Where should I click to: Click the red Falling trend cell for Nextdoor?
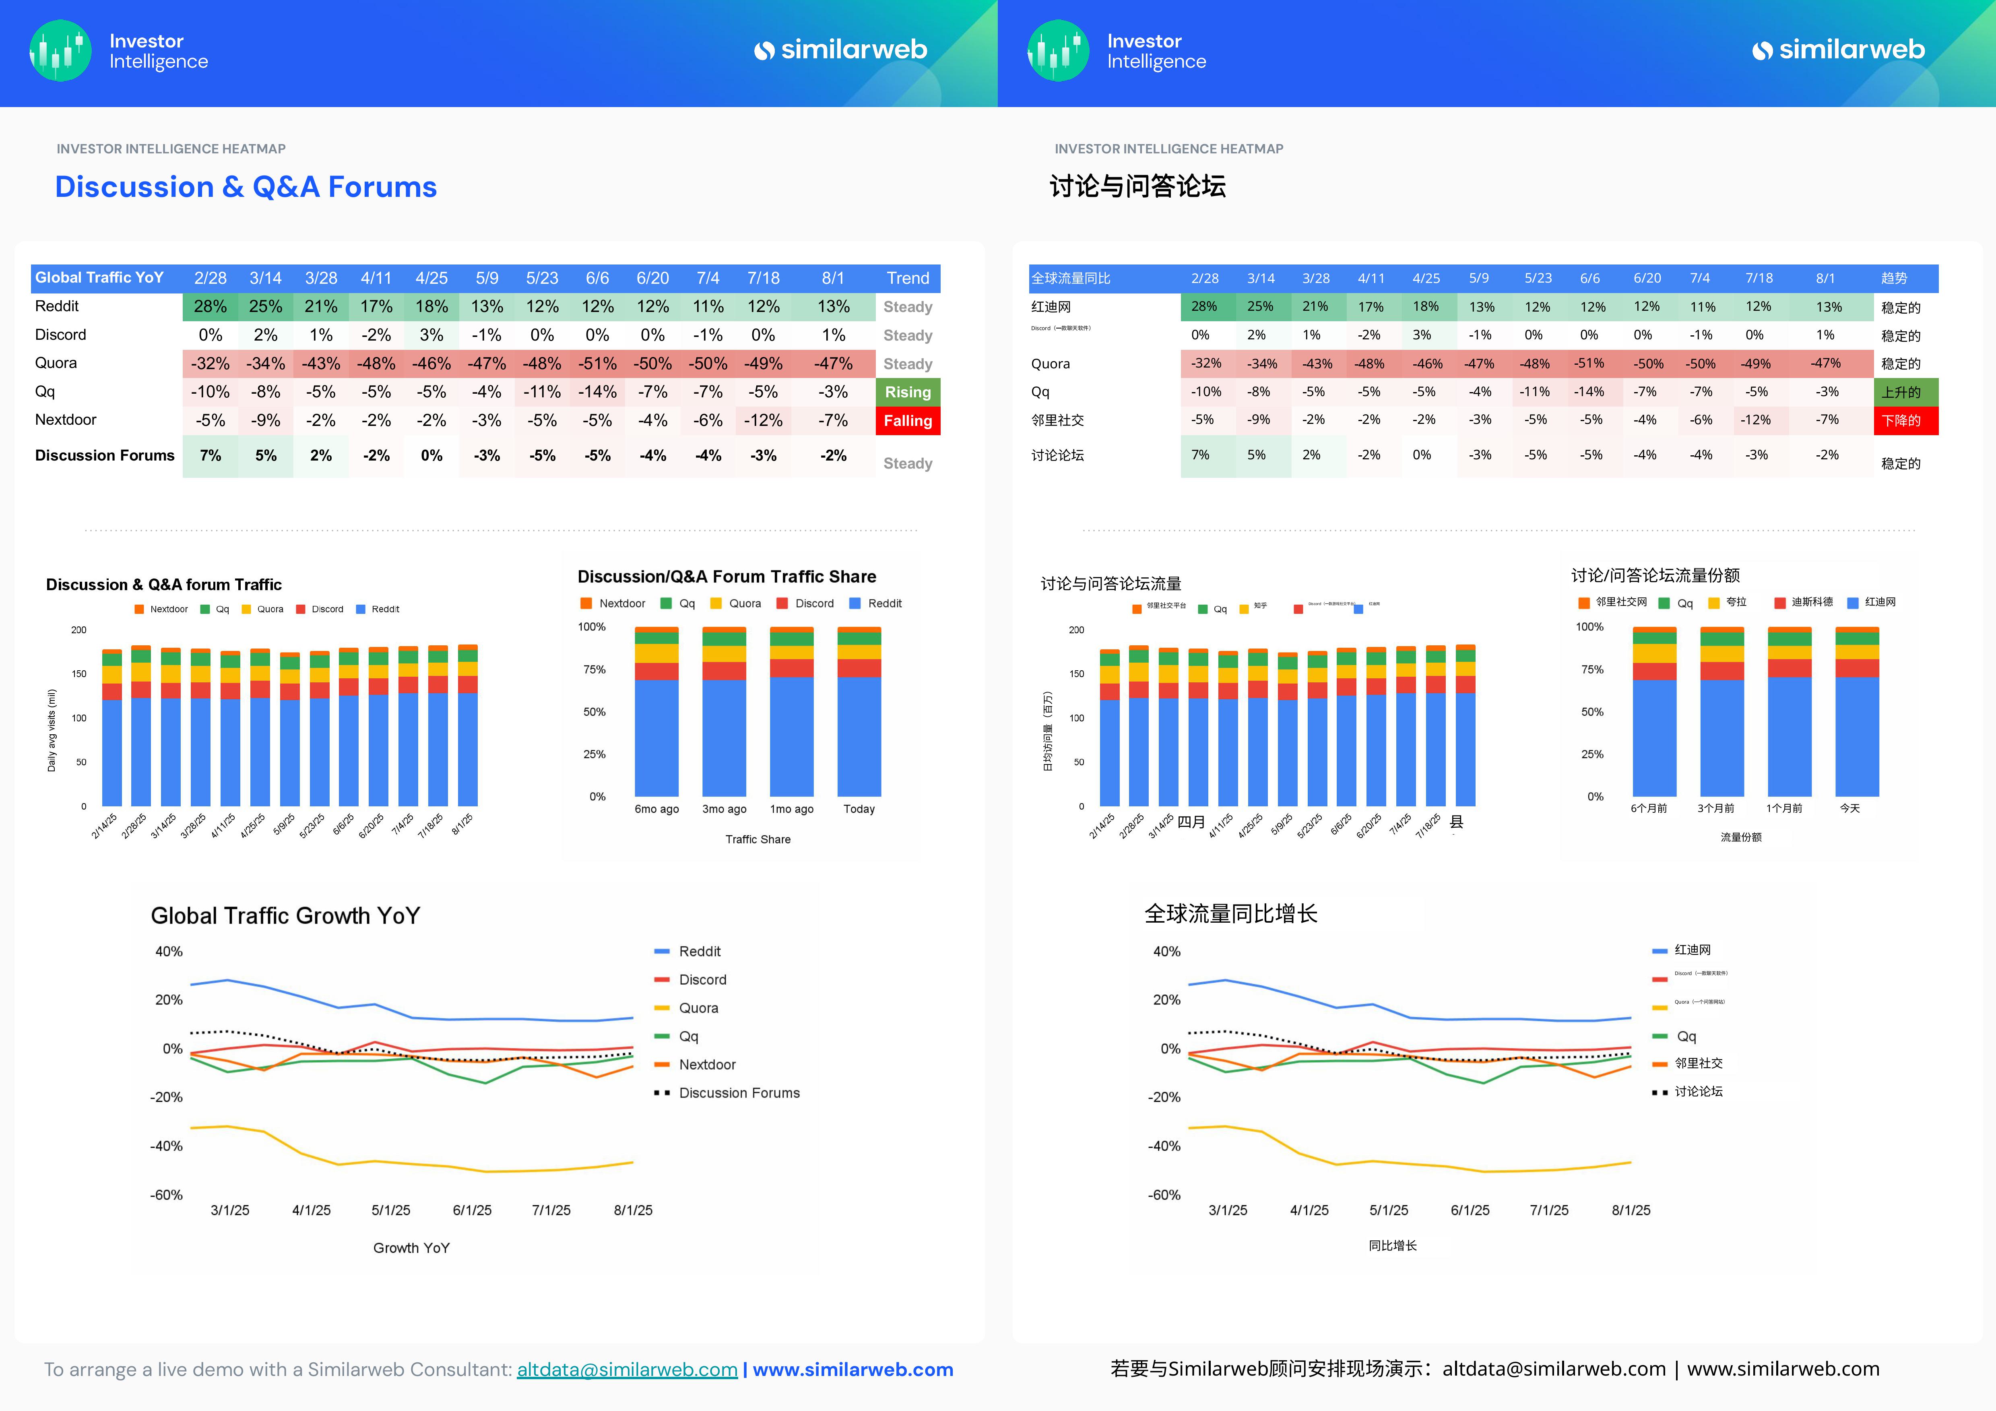[908, 421]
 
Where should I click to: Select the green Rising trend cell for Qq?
[908, 392]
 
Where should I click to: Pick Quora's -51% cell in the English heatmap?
[597, 364]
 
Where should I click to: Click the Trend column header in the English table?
[908, 278]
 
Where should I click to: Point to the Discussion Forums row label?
[104, 456]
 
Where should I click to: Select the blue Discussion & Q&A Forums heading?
[246, 187]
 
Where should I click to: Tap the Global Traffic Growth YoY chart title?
[285, 915]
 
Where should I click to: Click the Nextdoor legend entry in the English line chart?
[707, 1065]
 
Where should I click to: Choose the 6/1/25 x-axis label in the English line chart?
[472, 1210]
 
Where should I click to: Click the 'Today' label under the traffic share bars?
[859, 810]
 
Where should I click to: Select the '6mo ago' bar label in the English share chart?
[656, 810]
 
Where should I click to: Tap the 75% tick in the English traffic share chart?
[594, 669]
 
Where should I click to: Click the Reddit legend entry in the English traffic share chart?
[884, 603]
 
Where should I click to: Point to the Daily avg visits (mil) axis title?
[51, 730]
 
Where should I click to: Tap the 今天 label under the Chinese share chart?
[1850, 808]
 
